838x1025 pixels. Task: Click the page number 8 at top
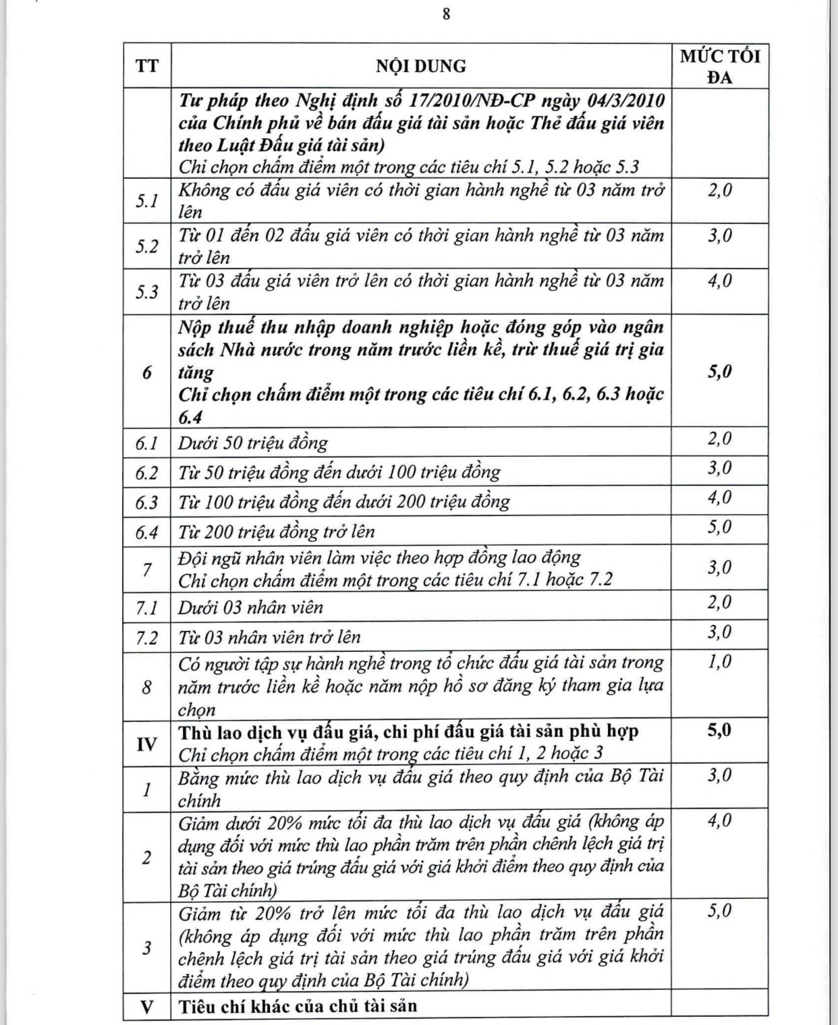coord(446,14)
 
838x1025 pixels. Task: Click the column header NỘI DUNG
coord(420,66)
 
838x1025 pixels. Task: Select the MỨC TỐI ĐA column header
coord(719,66)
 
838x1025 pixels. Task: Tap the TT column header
coord(147,66)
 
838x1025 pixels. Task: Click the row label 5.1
coord(147,200)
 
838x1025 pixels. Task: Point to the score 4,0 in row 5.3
coord(719,281)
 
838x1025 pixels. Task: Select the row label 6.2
coord(147,472)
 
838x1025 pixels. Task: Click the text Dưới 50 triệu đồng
coord(253,443)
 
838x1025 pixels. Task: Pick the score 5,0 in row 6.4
coord(719,527)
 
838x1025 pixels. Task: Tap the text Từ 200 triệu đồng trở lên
coord(277,532)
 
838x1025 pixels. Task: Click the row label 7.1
coord(147,607)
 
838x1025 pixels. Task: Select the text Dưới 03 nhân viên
coord(250,607)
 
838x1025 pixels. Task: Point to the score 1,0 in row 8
coord(719,662)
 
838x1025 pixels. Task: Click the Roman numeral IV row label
coord(147,744)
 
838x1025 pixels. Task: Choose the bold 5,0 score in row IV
coord(719,731)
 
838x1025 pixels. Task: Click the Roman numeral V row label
coord(147,1007)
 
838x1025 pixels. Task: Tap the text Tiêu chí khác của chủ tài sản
coord(298,1006)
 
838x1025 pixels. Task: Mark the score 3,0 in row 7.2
coord(719,632)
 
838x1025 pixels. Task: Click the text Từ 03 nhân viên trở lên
coord(269,637)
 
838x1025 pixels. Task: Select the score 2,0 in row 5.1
coord(719,190)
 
